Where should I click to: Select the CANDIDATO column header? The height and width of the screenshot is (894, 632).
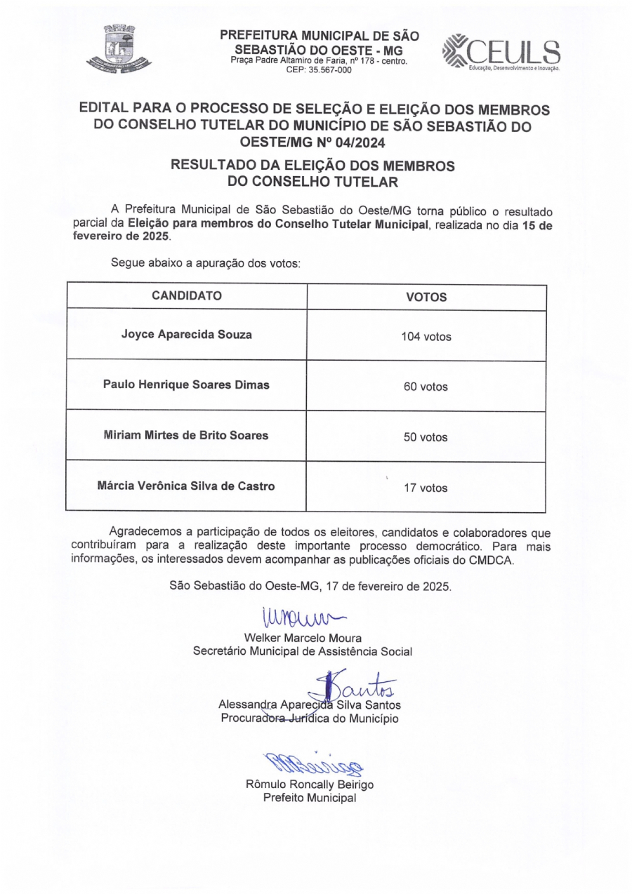[x=187, y=295]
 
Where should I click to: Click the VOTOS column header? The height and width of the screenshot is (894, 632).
[x=426, y=297]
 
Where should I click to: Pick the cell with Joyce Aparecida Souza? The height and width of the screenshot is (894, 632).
[x=187, y=335]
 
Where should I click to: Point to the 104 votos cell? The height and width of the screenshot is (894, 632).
[x=426, y=337]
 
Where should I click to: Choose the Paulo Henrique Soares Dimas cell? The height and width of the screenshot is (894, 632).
[x=187, y=385]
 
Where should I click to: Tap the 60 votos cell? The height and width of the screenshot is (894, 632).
[x=426, y=387]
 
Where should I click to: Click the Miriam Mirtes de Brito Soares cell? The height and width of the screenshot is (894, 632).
[x=187, y=435]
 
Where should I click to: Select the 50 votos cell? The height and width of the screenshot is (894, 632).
[x=426, y=437]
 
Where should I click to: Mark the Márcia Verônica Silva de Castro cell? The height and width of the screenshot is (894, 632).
[x=187, y=485]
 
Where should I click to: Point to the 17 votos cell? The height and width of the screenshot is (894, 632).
[x=426, y=488]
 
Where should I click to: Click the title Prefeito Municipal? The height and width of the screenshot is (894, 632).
[x=310, y=798]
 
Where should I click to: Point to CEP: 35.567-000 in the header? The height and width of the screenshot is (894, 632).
[x=319, y=69]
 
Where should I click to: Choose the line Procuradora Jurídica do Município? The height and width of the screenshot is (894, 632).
[x=310, y=719]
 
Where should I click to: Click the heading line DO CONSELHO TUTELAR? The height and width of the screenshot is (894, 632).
[x=312, y=182]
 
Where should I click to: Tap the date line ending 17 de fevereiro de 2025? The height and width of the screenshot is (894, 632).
[x=310, y=585]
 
